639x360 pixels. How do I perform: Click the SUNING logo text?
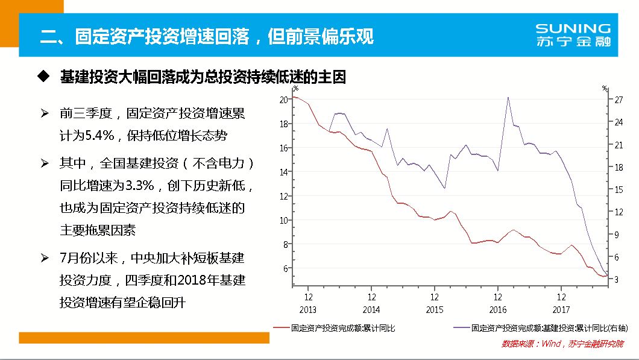pyautogui.click(x=573, y=29)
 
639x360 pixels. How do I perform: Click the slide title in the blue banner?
pyautogui.click(x=207, y=36)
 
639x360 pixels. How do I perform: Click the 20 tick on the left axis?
pyautogui.click(x=283, y=99)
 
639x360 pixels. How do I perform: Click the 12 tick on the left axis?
pyautogui.click(x=283, y=196)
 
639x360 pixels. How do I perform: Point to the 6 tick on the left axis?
pyautogui.click(x=285, y=268)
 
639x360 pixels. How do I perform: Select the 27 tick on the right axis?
pyautogui.click(x=619, y=100)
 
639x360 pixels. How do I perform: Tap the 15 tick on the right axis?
pyautogui.click(x=619, y=189)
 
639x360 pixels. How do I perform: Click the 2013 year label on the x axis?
pyautogui.click(x=308, y=309)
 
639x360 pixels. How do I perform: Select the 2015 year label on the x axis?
pyautogui.click(x=435, y=309)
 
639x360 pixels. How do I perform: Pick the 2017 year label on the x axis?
pyautogui.click(x=561, y=309)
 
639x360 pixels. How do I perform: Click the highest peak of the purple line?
pyautogui.click(x=508, y=97)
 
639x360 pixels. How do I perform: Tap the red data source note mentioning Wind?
pyautogui.click(x=562, y=344)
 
